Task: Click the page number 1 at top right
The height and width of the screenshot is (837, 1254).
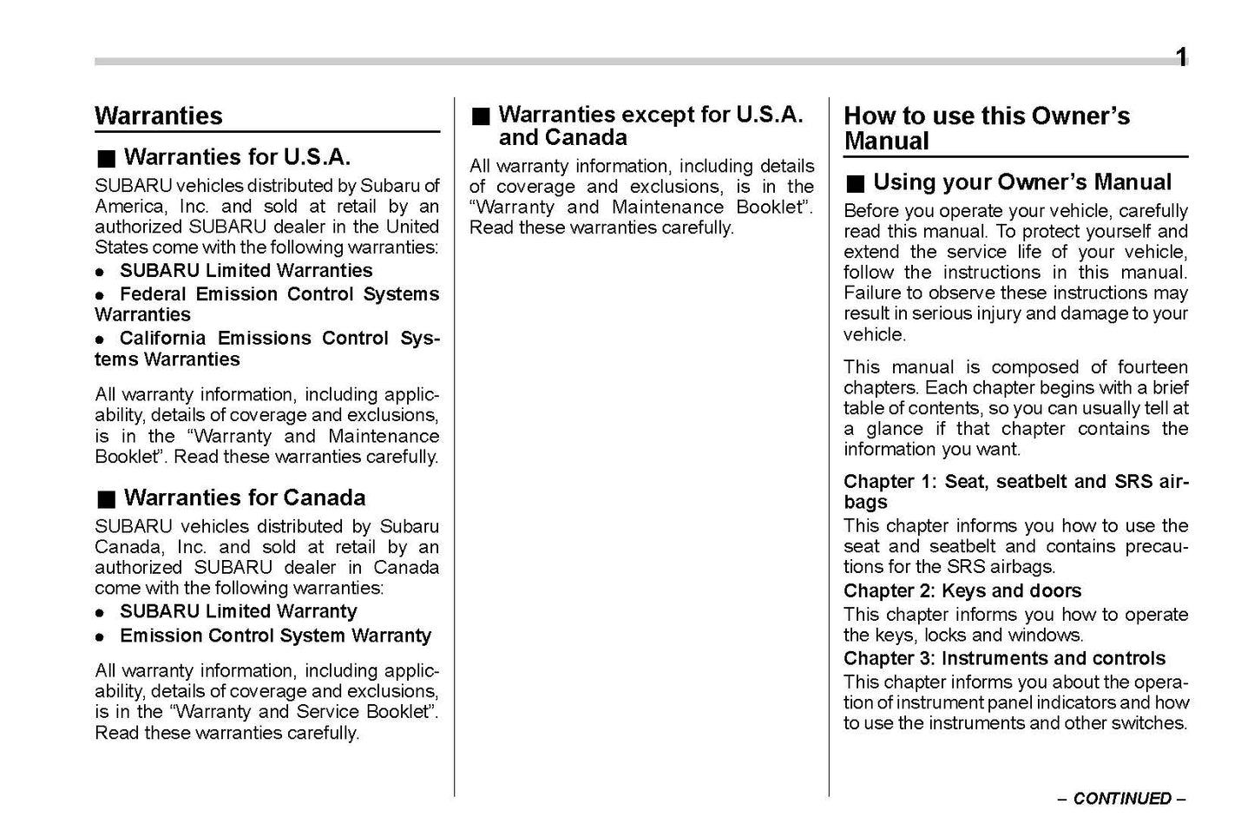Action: [1181, 58]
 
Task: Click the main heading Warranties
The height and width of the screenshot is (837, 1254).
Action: [158, 115]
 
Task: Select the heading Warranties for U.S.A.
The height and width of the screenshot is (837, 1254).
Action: [237, 157]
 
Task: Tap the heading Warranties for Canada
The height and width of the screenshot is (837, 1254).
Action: [244, 498]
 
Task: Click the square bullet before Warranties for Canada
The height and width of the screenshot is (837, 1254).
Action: [106, 499]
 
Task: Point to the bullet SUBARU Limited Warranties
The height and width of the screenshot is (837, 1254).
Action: [246, 271]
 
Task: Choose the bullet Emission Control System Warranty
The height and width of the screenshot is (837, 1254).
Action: [275, 636]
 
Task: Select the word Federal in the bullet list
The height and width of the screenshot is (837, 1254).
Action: [153, 294]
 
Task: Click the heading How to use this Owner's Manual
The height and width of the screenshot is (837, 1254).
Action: [986, 128]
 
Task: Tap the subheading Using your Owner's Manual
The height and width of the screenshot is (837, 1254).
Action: [1021, 182]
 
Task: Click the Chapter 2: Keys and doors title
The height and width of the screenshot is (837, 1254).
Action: [962, 591]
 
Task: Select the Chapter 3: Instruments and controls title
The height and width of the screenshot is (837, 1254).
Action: [1004, 658]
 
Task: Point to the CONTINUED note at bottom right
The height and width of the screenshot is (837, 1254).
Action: [1121, 799]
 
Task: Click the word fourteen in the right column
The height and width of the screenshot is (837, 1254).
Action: [1152, 367]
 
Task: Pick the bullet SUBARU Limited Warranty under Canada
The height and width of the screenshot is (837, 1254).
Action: [238, 611]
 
